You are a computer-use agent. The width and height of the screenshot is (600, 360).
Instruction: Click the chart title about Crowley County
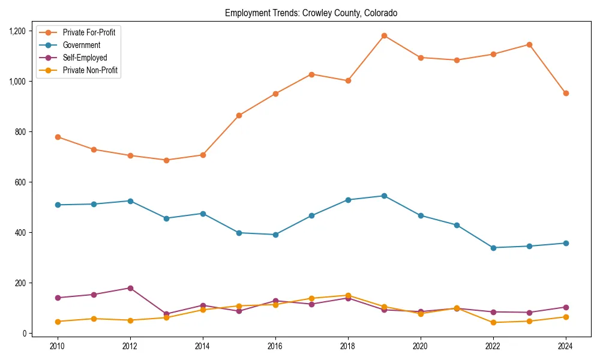tap(311, 13)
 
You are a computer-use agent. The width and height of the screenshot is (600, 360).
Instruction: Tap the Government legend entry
tap(81, 45)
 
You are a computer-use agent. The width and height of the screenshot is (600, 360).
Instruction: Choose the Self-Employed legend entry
tap(85, 58)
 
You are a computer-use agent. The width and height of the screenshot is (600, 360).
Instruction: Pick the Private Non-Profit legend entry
tap(90, 71)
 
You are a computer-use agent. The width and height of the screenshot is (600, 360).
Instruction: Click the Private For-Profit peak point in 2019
tap(384, 35)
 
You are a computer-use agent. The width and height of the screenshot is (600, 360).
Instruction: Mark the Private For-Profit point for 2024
tap(566, 93)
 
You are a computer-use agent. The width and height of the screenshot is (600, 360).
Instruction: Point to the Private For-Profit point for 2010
tap(58, 137)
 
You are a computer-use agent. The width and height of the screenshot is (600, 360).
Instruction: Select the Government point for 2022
tap(493, 248)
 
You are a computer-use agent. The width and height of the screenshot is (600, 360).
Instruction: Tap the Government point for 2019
tap(384, 196)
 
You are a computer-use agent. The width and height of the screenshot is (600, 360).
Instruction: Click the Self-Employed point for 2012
tap(130, 288)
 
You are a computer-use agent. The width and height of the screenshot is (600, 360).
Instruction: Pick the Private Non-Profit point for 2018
tap(348, 295)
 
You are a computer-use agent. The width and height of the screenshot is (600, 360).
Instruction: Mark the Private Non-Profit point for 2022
tap(493, 323)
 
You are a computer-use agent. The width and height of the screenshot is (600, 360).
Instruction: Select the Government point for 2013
tap(166, 218)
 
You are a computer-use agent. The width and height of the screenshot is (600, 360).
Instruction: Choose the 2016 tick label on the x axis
tap(275, 346)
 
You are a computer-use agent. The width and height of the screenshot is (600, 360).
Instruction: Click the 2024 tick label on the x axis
tap(566, 346)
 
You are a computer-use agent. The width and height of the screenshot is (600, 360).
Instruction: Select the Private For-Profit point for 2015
tap(239, 115)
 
